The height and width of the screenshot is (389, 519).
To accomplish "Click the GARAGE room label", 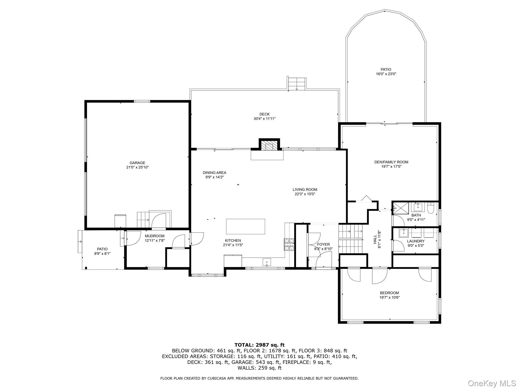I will (x=137, y=163).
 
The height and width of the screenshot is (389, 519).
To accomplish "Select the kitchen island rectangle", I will (x=245, y=226).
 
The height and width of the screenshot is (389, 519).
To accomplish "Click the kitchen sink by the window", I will (x=267, y=262).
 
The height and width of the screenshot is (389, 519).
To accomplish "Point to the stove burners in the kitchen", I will (x=289, y=245).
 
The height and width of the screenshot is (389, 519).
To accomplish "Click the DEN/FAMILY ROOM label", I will (x=391, y=162).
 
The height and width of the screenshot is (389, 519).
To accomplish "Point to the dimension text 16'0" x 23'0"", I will (x=386, y=74).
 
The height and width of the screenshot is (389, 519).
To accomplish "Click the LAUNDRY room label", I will (x=416, y=241).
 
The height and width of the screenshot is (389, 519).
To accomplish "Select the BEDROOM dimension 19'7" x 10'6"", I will (x=389, y=298).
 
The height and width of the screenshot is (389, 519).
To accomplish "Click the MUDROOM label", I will (x=155, y=236).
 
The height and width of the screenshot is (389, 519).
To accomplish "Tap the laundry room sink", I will (x=403, y=232).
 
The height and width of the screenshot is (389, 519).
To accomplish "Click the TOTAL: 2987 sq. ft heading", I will (x=259, y=345).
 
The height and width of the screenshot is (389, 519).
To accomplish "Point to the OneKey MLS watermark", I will (x=492, y=383).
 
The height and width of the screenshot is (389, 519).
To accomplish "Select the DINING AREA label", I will (x=214, y=173).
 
